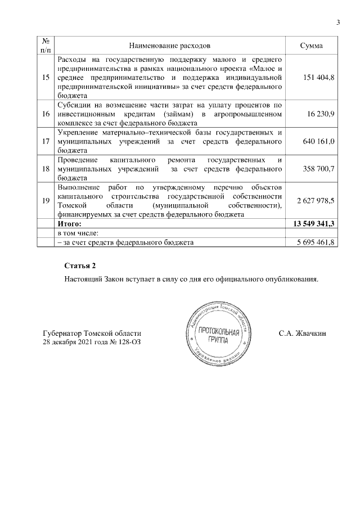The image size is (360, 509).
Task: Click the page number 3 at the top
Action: point(337,22)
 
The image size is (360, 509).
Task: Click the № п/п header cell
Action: point(45,44)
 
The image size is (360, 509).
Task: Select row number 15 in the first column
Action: point(45,76)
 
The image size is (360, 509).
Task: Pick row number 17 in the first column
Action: point(45,141)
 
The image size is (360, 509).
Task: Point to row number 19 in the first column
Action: point(45,200)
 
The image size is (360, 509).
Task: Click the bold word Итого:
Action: point(70,224)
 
